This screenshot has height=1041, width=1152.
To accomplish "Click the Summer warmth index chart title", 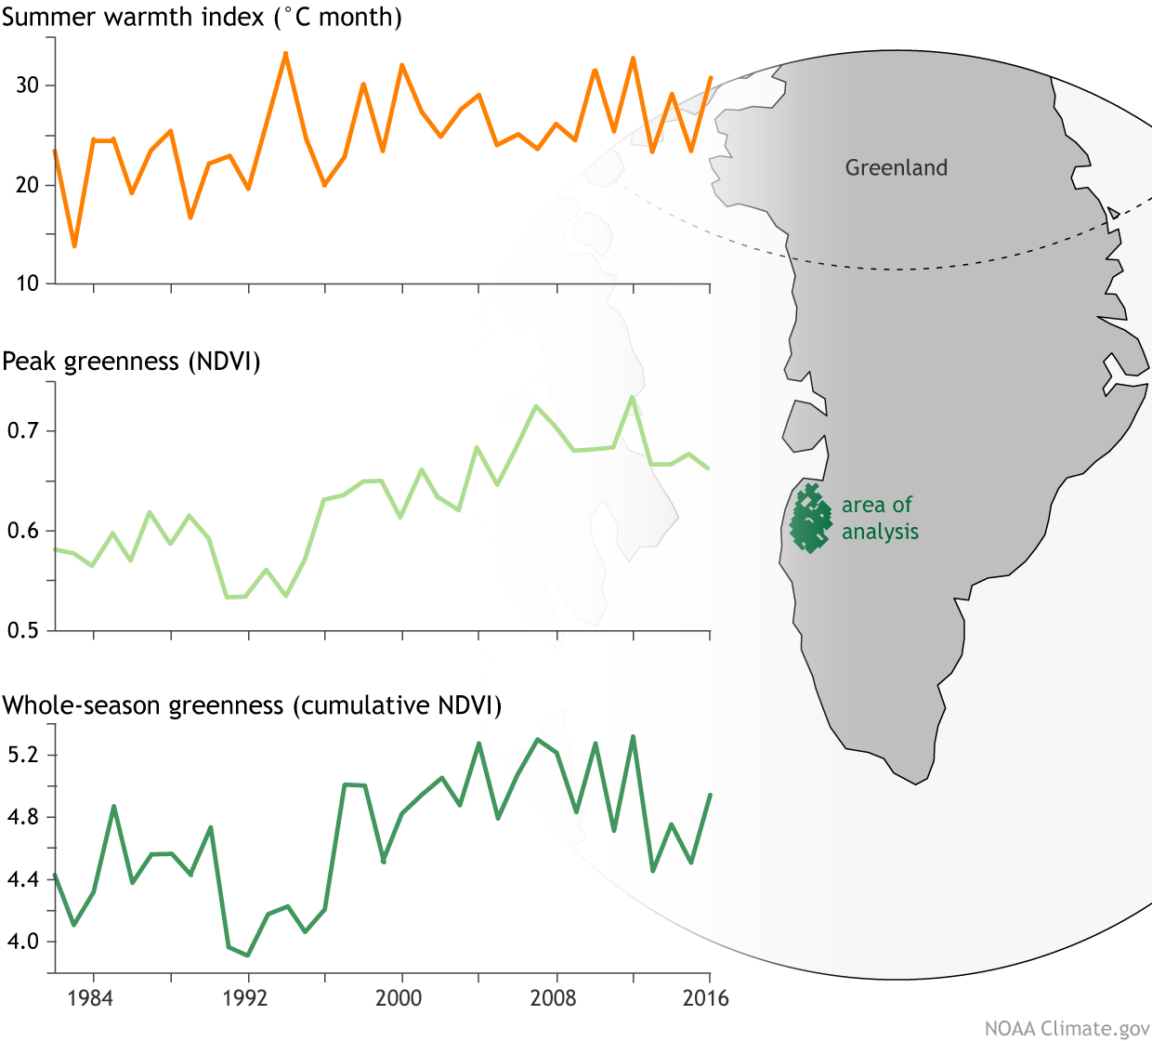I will [x=202, y=18].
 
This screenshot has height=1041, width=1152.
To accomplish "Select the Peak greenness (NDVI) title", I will [x=131, y=362].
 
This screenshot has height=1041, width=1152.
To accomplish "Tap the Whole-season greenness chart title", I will [x=252, y=705].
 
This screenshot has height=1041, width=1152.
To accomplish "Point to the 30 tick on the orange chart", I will [x=28, y=86].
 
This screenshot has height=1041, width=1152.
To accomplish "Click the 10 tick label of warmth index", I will [x=28, y=283].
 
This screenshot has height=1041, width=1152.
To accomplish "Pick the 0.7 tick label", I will [x=24, y=431].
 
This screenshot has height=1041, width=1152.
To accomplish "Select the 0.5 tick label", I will [x=24, y=630].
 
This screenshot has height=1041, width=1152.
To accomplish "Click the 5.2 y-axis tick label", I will [x=24, y=755].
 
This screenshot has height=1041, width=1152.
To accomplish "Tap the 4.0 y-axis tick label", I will [x=24, y=942].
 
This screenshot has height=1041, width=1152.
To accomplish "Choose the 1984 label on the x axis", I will [x=91, y=998].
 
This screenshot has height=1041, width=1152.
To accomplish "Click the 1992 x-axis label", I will [x=245, y=998].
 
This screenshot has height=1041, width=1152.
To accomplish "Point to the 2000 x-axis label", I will [x=399, y=998].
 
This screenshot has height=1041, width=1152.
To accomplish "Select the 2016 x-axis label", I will [x=706, y=998].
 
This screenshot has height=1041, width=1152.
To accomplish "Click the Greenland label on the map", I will [x=897, y=168].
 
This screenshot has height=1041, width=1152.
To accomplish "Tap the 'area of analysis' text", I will [x=880, y=519].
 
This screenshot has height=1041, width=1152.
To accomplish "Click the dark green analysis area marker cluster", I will [x=810, y=520].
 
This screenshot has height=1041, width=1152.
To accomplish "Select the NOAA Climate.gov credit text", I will [x=1067, y=1028].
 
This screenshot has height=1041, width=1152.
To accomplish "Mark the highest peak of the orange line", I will [x=285, y=53].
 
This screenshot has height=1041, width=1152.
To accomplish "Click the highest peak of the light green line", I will [x=632, y=397].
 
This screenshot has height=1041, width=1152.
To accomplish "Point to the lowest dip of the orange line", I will [x=74, y=246].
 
